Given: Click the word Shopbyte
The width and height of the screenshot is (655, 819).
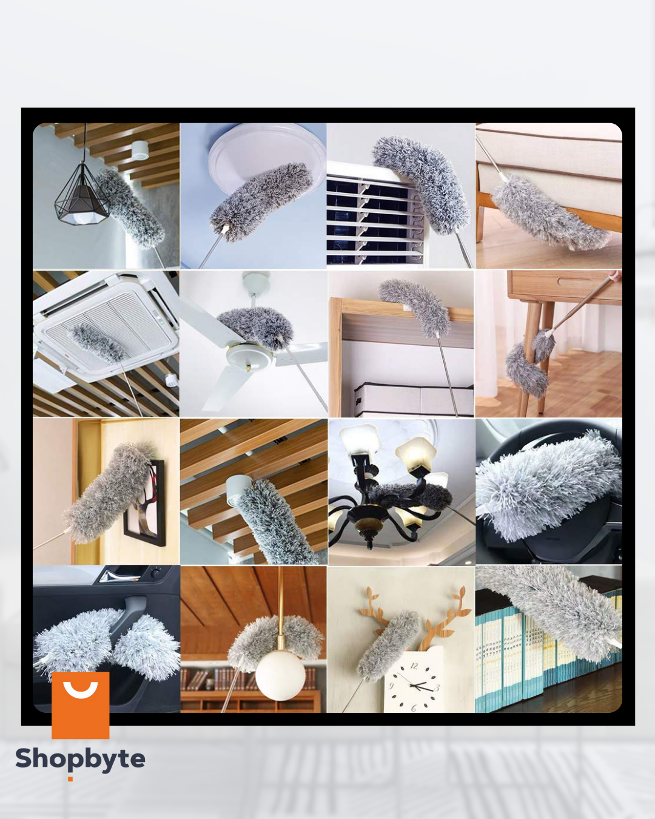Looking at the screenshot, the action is pyautogui.click(x=80, y=758).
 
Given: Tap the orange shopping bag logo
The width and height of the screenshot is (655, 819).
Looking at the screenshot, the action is pyautogui.click(x=80, y=705).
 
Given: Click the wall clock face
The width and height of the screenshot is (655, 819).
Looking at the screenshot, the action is pyautogui.click(x=414, y=681).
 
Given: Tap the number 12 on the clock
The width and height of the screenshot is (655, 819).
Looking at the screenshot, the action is pyautogui.click(x=414, y=666).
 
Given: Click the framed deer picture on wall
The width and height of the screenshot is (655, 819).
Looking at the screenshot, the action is pyautogui.click(x=144, y=504).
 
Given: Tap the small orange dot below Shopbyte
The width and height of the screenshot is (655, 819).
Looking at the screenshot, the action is pyautogui.click(x=70, y=779).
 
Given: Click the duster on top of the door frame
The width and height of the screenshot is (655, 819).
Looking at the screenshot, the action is pyautogui.click(x=415, y=307).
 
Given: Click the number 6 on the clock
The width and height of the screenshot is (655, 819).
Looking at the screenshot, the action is pyautogui.click(x=414, y=707).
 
